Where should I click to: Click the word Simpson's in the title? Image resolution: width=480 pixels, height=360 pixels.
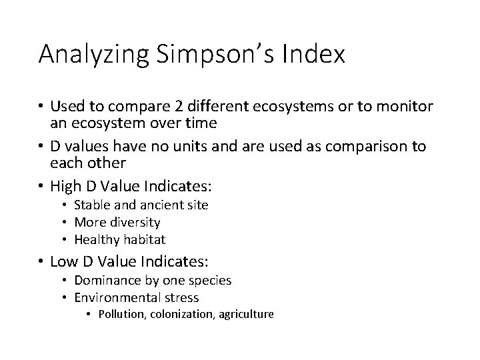(x=215, y=55)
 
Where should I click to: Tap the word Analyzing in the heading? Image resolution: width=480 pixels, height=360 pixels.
(x=95, y=55)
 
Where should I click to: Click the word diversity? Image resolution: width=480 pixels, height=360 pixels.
(x=137, y=222)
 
